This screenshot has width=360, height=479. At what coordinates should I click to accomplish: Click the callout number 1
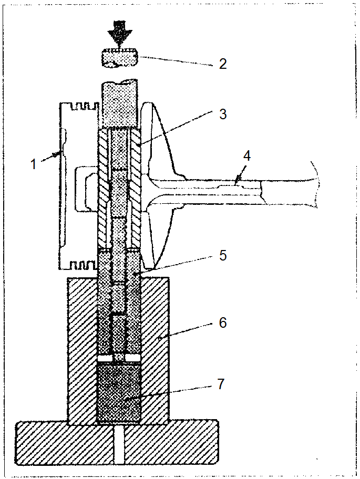pyautogui.click(x=34, y=164)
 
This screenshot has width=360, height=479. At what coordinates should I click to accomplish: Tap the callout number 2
pyautogui.click(x=222, y=65)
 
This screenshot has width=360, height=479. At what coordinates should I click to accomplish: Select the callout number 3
pyautogui.click(x=222, y=114)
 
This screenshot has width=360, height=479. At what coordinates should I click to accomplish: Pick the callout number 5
pyautogui.click(x=222, y=255)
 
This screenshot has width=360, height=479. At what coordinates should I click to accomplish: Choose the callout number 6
pyautogui.click(x=222, y=322)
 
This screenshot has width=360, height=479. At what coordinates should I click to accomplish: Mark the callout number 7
pyautogui.click(x=222, y=384)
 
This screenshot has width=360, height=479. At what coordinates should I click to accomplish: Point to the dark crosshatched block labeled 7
pyautogui.click(x=119, y=394)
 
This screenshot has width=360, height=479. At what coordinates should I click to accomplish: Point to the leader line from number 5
pyautogui.click(x=176, y=264)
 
